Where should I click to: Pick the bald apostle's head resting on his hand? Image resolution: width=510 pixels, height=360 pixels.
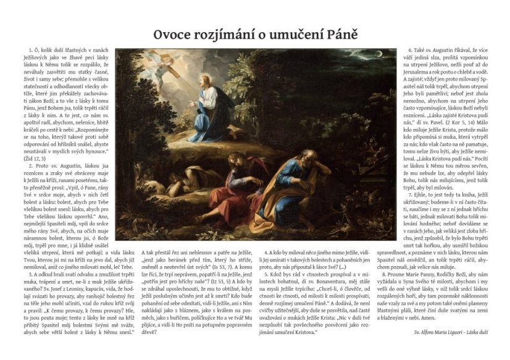click(x=287, y=167)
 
